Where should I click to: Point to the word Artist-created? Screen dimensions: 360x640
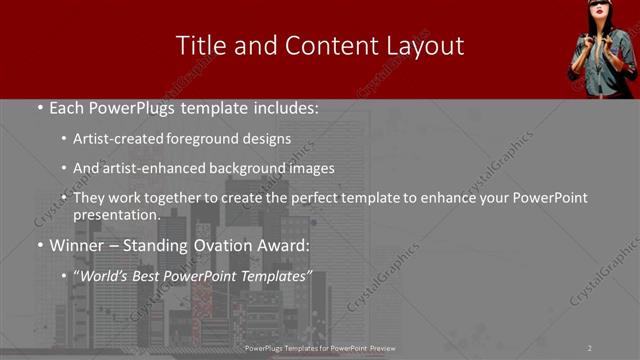(114, 139)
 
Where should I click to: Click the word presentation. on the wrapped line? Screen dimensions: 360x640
(116, 214)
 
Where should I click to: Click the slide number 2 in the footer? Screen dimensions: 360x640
(589, 348)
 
